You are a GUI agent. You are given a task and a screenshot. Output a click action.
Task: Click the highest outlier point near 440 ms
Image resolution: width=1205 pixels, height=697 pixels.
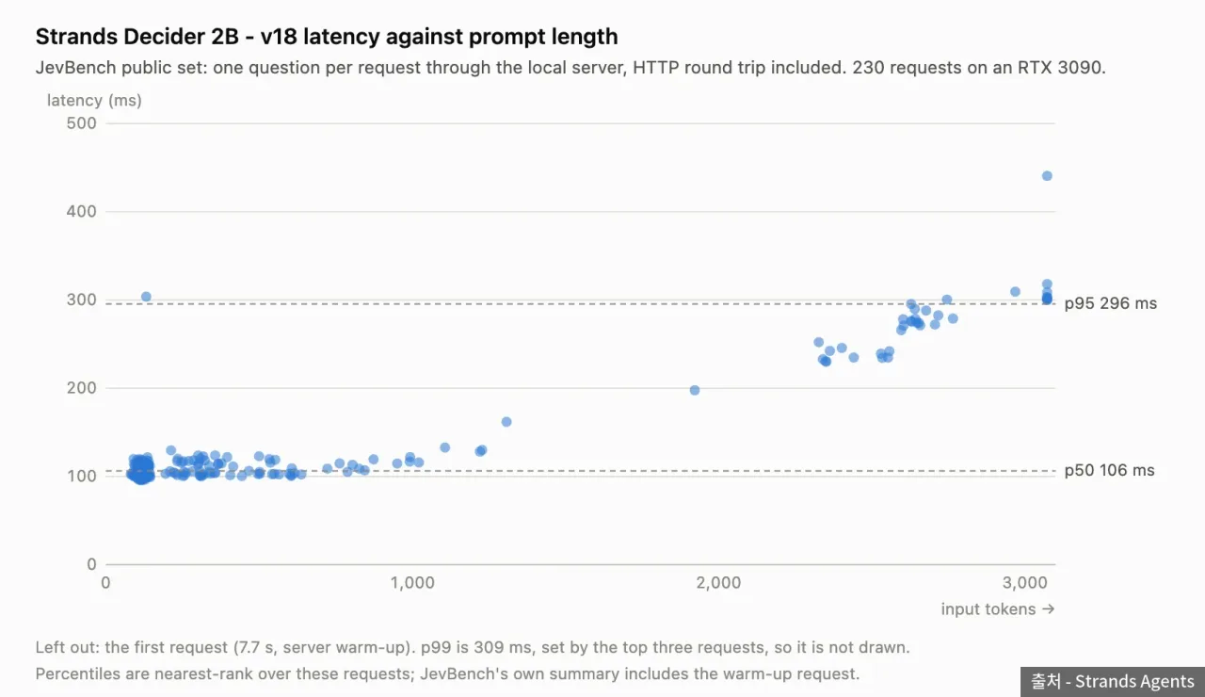pos(1047,176)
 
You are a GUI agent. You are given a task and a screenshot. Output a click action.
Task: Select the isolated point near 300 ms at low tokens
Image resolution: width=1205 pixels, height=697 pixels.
pos(146,297)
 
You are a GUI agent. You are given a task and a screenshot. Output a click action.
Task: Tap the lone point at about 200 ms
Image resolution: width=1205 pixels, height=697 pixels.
pos(695,390)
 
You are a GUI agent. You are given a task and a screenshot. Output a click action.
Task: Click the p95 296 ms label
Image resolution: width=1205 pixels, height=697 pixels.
pos(1110,303)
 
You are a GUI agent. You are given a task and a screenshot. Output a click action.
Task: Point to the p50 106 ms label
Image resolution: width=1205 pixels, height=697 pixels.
pos(1109,470)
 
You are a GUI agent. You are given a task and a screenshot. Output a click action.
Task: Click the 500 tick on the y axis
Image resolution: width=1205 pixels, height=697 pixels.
pos(81,123)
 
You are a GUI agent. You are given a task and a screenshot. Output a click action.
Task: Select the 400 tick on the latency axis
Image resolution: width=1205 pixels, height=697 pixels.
pos(81,212)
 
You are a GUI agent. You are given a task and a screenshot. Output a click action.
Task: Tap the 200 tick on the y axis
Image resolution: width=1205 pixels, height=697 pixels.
pos(81,388)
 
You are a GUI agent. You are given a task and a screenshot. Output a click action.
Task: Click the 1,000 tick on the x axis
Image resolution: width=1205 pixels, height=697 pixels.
pos(412,582)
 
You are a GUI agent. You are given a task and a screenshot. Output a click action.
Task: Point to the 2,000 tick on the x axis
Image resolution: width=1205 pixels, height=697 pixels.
pos(718,582)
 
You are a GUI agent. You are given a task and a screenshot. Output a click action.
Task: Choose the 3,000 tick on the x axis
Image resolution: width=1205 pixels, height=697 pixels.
pos(1025,582)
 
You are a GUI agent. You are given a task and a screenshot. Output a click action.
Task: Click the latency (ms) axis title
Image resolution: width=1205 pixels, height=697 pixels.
pos(94,101)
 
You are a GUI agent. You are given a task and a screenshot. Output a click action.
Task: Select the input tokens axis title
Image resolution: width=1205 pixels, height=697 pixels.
pos(997,609)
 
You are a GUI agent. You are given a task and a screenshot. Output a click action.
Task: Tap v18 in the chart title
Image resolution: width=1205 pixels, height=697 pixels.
pos(279,37)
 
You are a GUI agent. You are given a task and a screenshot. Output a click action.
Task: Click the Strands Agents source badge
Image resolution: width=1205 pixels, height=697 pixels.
pos(1113,682)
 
